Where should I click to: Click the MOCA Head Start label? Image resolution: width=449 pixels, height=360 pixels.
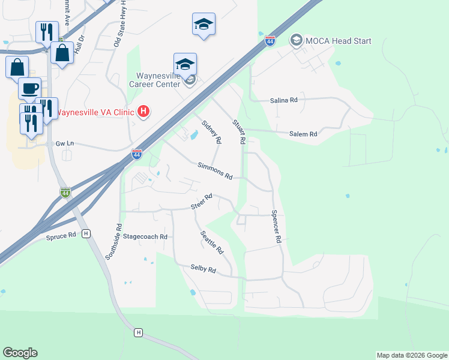click(339, 41)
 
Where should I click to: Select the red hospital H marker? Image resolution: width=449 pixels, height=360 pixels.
click(143, 111)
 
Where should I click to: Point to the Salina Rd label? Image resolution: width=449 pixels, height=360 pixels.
click(283, 100)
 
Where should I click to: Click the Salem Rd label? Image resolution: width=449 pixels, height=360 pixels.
click(303, 135)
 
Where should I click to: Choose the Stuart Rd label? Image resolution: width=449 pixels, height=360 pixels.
click(239, 131)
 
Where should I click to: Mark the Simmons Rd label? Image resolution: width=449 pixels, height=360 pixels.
click(215, 170)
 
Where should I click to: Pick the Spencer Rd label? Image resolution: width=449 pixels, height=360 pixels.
click(276, 226)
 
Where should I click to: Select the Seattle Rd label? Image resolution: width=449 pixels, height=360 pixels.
click(212, 242)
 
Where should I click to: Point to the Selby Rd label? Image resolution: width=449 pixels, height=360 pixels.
click(203, 269)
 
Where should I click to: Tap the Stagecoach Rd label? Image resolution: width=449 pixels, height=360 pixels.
click(145, 237)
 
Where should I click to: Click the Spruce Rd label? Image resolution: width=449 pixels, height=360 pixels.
click(62, 235)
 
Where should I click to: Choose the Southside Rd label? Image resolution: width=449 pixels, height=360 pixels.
click(113, 242)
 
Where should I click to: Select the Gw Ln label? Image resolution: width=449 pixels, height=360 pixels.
click(64, 144)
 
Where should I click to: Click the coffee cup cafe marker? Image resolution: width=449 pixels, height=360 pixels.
click(29, 89)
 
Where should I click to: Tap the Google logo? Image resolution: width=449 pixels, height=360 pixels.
click(20, 353)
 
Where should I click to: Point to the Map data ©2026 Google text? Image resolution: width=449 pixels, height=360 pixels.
click(411, 355)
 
